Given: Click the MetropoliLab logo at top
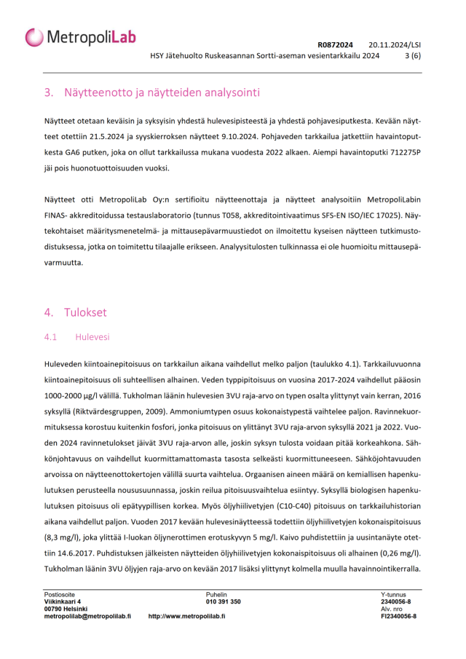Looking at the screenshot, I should pyautogui.click(x=80, y=37).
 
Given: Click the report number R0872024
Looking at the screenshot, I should pyautogui.click(x=335, y=44).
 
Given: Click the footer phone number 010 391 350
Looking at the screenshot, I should pyautogui.click(x=223, y=601).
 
